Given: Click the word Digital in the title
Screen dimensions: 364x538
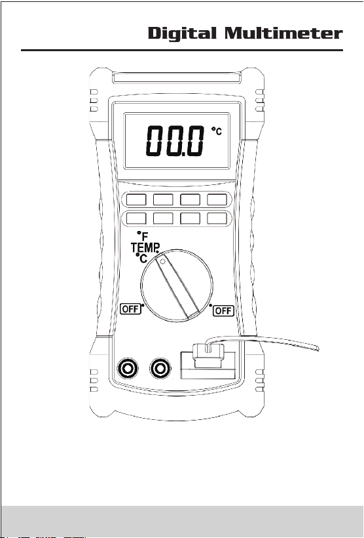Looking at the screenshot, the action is coord(182,34).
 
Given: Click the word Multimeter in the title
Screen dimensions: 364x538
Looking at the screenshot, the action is coord(283,33).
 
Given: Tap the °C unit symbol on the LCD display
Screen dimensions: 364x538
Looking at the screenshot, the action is coord(217,131).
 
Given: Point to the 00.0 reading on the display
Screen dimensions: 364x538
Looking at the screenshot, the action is coord(175,140).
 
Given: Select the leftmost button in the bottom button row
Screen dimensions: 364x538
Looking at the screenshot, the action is coord(136,218).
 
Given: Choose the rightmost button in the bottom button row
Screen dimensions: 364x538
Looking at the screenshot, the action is coord(217,218).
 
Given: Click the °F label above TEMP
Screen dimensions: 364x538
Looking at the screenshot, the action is coord(143,236).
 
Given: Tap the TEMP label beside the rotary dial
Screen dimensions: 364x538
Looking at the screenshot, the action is coord(145,247).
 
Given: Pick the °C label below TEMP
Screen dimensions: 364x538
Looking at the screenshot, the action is coord(142,258).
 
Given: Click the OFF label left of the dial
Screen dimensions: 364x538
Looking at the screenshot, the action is coord(131,309).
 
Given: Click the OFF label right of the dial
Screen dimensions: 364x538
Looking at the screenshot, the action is coord(223,311).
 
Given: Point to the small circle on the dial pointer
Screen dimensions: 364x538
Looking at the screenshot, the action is coord(162,261).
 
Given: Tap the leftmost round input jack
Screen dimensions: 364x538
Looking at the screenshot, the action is coord(128,369).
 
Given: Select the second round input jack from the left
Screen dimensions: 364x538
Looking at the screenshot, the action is coord(160,369).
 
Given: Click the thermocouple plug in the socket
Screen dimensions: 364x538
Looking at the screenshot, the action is coord(208,355).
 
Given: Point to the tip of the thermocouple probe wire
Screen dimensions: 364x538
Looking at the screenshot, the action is coord(318,348).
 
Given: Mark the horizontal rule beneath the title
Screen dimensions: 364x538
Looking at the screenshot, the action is coord(182,50).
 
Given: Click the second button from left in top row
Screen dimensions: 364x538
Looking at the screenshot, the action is coord(163,199).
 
